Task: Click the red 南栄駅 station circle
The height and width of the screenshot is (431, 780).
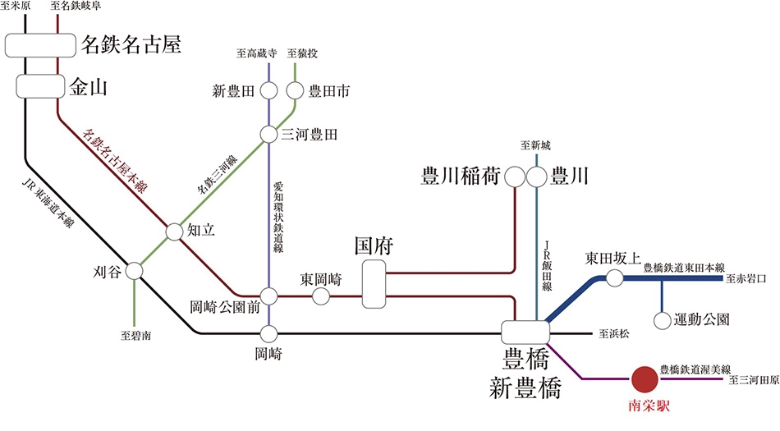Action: tap(645, 379)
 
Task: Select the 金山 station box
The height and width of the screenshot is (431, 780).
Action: tap(40, 85)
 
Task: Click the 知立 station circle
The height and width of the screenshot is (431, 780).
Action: tap(175, 232)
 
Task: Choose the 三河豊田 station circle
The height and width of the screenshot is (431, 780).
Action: tap(269, 134)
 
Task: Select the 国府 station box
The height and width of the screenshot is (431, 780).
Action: tap(374, 284)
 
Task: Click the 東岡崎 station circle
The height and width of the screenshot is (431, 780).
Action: tap(321, 296)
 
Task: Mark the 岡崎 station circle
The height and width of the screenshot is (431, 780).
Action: tap(269, 333)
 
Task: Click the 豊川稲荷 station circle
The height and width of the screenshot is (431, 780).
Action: tap(515, 177)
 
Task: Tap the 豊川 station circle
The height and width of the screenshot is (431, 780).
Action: tap(536, 177)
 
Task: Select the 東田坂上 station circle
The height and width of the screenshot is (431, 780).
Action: tap(615, 279)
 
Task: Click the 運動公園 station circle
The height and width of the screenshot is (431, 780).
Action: tap(661, 319)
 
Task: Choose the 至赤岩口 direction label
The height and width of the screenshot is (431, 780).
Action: tap(746, 279)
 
